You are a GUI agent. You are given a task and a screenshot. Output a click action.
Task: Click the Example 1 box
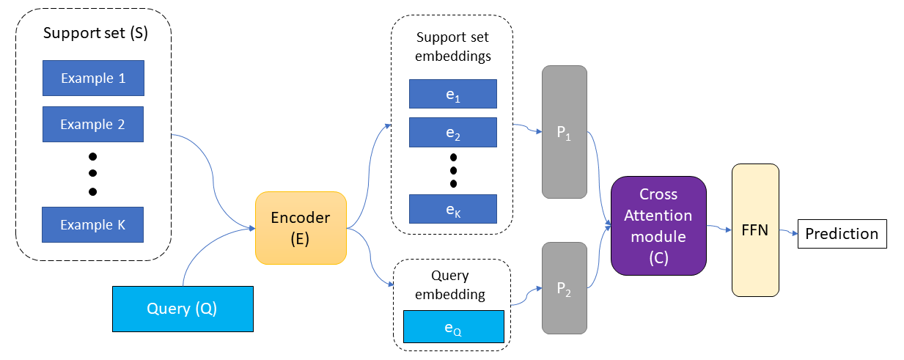point(93,78)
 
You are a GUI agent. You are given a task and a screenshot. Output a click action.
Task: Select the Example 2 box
point(93,124)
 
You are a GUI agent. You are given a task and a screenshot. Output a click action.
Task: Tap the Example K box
point(93,224)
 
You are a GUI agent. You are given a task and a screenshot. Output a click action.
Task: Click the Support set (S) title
point(95,33)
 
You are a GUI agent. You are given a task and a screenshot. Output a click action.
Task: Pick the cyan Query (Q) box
point(182,308)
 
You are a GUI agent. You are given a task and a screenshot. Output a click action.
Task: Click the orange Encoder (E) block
point(301,227)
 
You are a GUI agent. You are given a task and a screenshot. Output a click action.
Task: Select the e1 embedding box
point(453,94)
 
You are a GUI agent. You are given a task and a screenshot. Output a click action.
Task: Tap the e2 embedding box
point(453,132)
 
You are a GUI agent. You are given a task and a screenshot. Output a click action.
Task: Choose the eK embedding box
point(453,209)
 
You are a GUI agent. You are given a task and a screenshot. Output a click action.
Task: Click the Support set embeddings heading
point(453,45)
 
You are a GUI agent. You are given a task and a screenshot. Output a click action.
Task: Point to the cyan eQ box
point(453,327)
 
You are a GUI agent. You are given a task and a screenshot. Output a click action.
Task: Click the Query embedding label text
point(452,285)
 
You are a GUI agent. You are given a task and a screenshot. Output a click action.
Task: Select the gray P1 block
point(565,132)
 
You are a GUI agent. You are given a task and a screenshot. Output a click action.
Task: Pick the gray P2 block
point(565,289)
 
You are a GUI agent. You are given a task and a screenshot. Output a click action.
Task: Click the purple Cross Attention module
point(658,226)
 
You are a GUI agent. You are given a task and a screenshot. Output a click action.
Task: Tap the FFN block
point(755,230)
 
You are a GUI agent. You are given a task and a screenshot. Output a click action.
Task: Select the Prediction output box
point(842,234)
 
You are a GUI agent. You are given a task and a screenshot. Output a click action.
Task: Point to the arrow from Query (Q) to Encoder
point(205,249)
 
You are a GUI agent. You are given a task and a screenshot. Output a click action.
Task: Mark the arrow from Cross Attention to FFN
point(719,229)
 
